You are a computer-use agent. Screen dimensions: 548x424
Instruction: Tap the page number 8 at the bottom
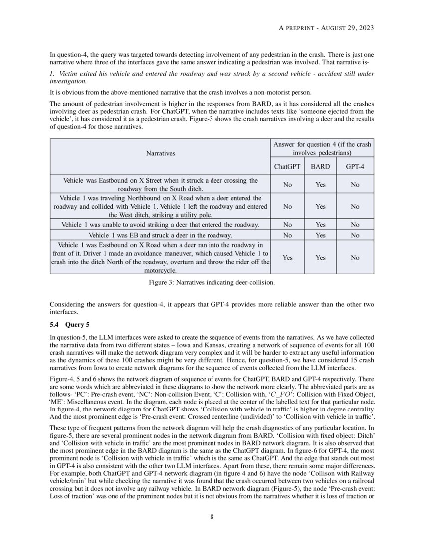click(212, 516)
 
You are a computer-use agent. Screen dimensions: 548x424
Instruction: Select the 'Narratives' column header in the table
click(160, 154)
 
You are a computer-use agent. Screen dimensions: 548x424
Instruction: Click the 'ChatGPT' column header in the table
click(287, 166)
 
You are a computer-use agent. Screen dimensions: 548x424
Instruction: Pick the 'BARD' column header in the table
click(320, 166)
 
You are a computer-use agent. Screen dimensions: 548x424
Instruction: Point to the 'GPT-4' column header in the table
click(355, 166)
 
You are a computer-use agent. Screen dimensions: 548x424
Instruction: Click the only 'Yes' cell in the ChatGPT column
click(287, 258)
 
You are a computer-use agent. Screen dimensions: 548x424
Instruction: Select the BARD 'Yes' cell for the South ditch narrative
click(320, 185)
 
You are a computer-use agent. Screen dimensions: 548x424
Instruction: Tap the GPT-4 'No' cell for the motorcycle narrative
click(355, 258)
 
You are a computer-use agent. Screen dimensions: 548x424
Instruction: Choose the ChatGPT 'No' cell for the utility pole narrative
click(287, 206)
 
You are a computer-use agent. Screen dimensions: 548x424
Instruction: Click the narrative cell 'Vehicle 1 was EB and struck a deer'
click(160, 235)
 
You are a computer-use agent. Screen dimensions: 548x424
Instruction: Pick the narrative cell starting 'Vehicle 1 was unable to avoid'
click(160, 225)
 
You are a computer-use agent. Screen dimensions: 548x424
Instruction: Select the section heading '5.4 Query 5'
click(70, 324)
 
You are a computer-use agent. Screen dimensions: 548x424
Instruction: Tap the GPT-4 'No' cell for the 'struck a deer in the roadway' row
click(355, 235)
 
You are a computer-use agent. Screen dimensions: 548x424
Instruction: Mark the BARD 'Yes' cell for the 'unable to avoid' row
click(320, 225)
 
